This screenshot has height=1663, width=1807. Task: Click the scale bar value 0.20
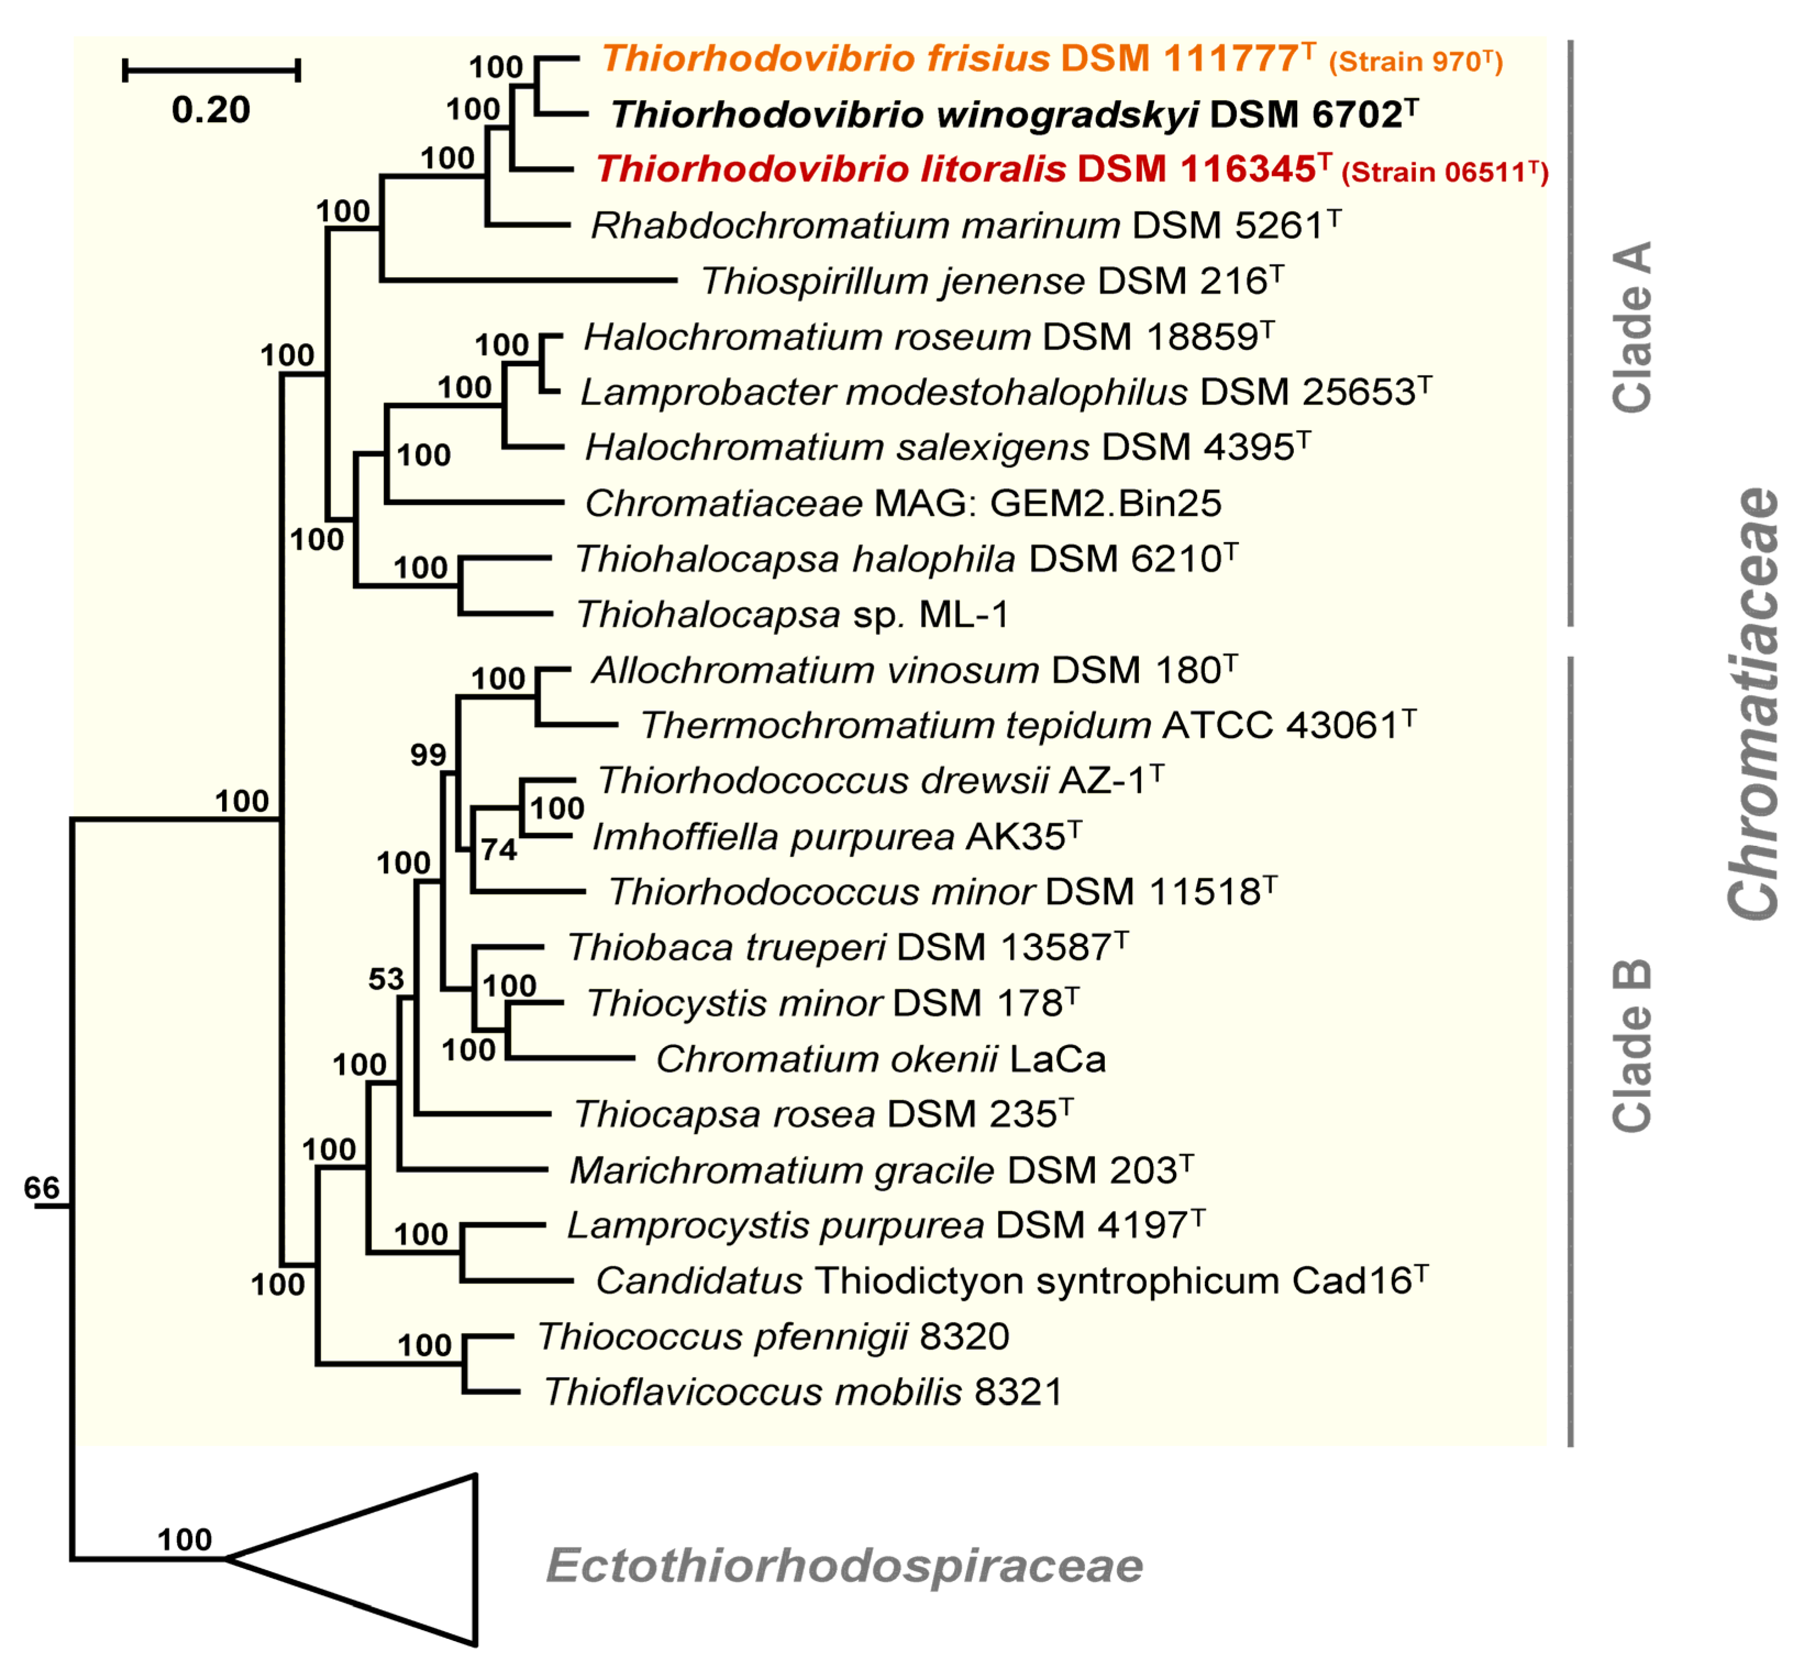click(x=211, y=110)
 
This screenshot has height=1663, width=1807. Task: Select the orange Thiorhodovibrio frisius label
click(x=1051, y=59)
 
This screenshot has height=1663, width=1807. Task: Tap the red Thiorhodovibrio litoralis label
click(x=1071, y=169)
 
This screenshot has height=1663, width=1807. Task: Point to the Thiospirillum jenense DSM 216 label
click(x=991, y=281)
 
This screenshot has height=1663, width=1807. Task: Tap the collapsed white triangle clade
click(x=396, y=1559)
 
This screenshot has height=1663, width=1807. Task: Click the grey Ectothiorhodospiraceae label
click(x=844, y=1565)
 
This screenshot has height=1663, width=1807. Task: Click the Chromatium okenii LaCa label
click(x=880, y=1059)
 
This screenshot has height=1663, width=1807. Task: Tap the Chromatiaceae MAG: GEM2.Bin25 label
click(x=902, y=503)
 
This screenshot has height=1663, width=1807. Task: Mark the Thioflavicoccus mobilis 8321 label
click(x=803, y=1392)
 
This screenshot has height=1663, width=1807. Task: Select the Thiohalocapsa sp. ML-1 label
click(x=792, y=615)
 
